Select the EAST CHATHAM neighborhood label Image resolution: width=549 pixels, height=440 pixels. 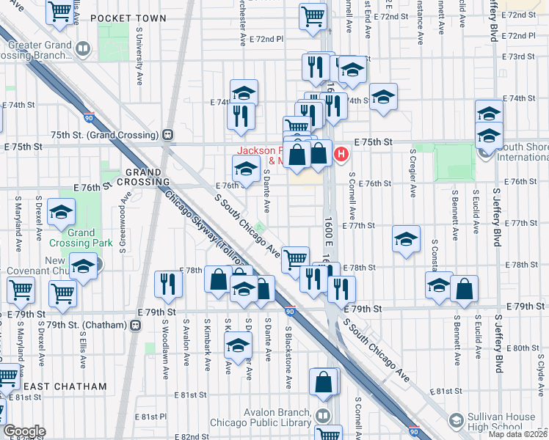pyautogui.click(x=65, y=386)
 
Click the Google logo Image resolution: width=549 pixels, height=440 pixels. pyautogui.click(x=24, y=431)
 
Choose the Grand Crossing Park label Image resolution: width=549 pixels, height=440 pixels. pyautogui.click(x=73, y=238)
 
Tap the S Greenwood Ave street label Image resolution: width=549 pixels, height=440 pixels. pyautogui.click(x=126, y=211)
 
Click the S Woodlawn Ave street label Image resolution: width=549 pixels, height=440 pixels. pyautogui.click(x=166, y=337)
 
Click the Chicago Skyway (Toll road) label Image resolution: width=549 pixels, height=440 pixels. pyautogui.click(x=205, y=234)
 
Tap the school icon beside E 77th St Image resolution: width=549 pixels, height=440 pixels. pyautogui.click(x=405, y=238)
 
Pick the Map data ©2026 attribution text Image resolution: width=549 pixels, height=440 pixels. pyautogui.click(x=517, y=434)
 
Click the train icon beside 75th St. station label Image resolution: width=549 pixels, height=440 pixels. pyautogui.click(x=168, y=134)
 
